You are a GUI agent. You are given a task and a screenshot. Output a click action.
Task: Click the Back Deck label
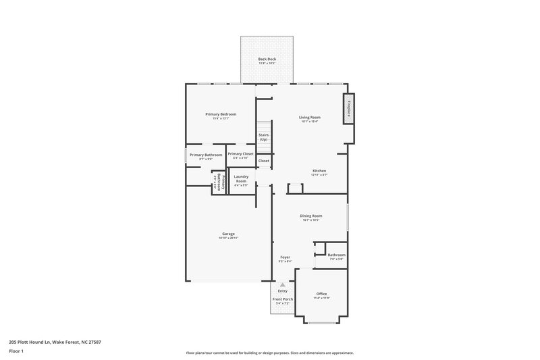click(267, 59)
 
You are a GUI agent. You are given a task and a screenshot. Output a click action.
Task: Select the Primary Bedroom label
click(221, 114)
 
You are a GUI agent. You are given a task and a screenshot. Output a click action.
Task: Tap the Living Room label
click(310, 118)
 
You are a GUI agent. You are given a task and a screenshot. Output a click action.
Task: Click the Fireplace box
click(349, 109)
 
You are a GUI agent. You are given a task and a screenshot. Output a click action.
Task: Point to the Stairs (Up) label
click(263, 137)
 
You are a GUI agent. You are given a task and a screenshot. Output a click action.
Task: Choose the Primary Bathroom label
click(206, 155)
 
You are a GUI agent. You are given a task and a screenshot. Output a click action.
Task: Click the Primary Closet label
click(240, 154)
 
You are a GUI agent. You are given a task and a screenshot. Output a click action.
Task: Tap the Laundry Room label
click(241, 179)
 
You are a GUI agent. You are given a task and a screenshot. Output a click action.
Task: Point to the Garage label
click(228, 234)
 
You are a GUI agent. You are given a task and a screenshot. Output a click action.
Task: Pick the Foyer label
click(286, 257)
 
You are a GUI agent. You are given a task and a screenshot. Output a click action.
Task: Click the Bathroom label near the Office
click(336, 255)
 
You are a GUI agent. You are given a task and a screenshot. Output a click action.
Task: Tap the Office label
click(322, 294)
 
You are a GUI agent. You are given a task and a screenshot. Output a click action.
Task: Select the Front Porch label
click(282, 299)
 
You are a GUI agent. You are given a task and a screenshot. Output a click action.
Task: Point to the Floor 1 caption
click(17, 351)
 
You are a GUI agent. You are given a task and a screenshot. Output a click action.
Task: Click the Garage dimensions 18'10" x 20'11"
click(228, 238)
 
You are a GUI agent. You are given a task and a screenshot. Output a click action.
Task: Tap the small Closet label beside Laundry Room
click(263, 161)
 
